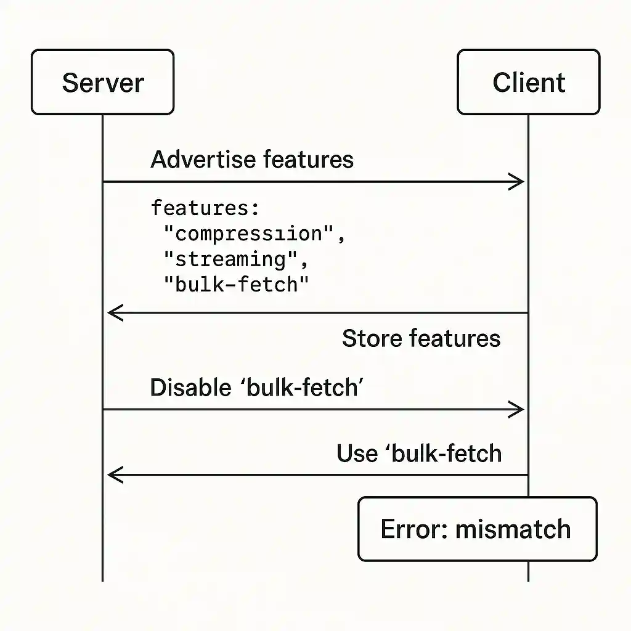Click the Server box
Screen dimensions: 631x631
click(x=102, y=83)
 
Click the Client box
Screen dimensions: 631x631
click(x=528, y=83)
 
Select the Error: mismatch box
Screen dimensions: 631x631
click(x=477, y=529)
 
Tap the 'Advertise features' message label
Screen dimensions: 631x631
click(x=252, y=160)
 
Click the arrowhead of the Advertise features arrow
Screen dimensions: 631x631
click(x=518, y=182)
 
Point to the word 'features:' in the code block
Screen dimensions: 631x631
click(x=206, y=208)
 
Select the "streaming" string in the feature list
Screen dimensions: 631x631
click(x=234, y=259)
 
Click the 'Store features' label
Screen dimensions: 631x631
click(x=421, y=338)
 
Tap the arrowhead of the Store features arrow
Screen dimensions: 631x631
click(x=113, y=313)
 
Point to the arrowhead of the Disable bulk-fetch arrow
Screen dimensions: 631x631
click(x=518, y=410)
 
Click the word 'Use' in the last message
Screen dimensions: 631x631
click(x=357, y=454)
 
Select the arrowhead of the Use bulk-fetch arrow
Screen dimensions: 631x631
click(x=113, y=475)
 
